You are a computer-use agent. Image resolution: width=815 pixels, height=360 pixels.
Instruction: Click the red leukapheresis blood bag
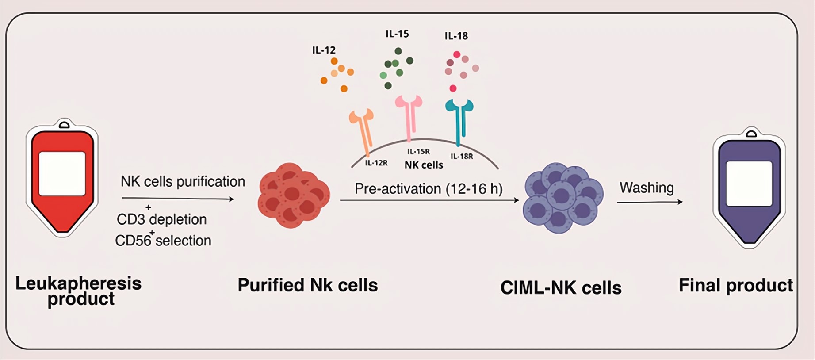pos(62,212)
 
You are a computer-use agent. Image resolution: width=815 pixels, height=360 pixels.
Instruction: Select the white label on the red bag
pos(62,173)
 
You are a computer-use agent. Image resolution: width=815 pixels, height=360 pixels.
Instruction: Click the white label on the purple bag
pos(749,183)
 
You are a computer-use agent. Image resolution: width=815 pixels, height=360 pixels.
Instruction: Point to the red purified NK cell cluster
pos(293,195)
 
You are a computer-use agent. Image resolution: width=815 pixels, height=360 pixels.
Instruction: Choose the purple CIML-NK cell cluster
pos(562,198)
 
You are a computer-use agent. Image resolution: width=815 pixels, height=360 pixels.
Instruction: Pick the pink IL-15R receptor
pos(409,115)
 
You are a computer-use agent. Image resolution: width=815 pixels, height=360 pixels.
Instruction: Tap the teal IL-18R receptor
pos(459,119)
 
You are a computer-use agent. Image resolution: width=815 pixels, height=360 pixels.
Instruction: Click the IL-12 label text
pos(324,50)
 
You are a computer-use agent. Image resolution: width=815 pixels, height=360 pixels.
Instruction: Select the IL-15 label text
pos(397,34)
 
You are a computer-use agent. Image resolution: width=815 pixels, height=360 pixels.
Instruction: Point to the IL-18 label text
pos(456,36)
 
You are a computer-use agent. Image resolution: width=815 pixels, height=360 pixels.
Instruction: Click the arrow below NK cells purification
pos(177,199)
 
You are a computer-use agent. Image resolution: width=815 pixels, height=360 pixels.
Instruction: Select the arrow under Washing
pos(649,202)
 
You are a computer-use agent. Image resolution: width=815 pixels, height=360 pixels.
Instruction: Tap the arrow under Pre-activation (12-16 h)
pos(429,200)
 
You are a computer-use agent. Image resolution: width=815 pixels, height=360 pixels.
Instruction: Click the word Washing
pos(647,188)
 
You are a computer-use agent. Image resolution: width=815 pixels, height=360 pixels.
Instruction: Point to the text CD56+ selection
pos(163,240)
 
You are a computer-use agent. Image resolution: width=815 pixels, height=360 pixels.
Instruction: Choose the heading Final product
pos(735,286)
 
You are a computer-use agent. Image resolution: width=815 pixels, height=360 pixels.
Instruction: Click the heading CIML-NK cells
pos(561,288)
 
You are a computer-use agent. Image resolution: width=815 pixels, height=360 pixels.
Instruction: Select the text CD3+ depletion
pos(162,219)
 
